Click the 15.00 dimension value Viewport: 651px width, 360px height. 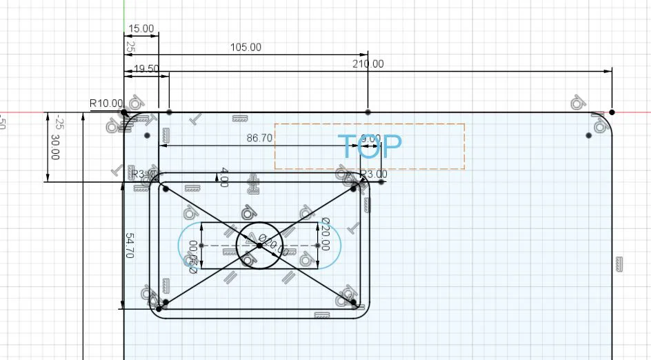click(x=141, y=29)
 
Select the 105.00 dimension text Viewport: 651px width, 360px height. click(x=246, y=48)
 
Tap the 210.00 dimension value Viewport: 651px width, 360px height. click(x=368, y=64)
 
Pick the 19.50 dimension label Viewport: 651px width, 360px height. click(x=146, y=69)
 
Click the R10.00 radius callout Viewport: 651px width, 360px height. click(x=106, y=103)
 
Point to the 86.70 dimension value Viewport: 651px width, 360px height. click(x=259, y=138)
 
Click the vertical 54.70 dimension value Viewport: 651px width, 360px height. click(x=129, y=246)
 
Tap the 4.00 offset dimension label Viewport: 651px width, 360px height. click(x=223, y=177)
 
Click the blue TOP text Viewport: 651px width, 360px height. click(x=370, y=146)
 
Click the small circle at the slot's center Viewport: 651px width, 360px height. click(x=259, y=245)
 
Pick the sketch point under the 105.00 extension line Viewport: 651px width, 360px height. click(x=368, y=112)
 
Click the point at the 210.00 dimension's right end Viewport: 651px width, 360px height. click(x=612, y=112)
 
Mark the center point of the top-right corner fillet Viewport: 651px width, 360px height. click(x=588, y=136)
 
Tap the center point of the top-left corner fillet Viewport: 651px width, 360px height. click(x=147, y=136)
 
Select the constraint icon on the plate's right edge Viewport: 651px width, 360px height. click(x=619, y=263)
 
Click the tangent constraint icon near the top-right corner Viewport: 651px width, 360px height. click(x=578, y=103)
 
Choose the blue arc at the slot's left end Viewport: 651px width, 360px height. click(x=180, y=245)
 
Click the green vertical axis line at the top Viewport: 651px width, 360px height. click(x=124, y=14)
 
